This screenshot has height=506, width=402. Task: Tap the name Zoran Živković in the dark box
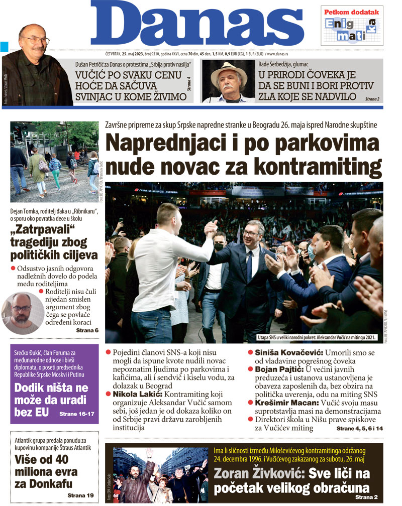[x=258, y=473]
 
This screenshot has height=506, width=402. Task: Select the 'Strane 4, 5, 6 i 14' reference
[x=359, y=429]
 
